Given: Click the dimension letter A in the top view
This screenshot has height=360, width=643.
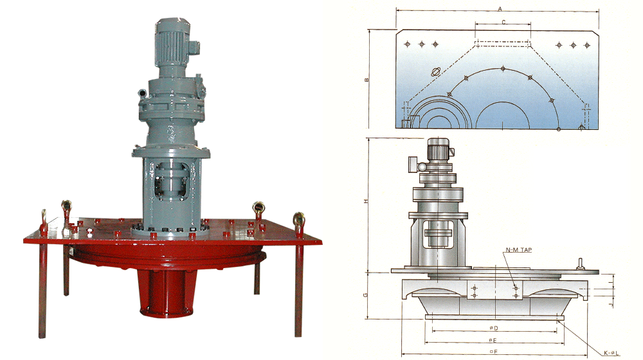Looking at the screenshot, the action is tap(500, 8).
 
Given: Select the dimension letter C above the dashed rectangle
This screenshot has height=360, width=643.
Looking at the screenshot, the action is tap(503, 22).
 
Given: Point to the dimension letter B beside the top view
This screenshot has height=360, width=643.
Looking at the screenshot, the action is tap(367, 80).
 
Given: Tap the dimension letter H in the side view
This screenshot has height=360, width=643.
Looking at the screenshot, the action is tap(367, 201).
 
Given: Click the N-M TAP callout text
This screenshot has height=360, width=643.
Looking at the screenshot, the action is tap(519, 249).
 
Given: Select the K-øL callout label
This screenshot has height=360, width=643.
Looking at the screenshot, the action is tap(611, 353).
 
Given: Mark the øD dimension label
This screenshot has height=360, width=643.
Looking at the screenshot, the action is tap(494, 328).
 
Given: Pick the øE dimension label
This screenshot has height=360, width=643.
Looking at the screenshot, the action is tap(493, 340).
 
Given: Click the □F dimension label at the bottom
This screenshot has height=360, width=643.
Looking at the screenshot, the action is tap(494, 352).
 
